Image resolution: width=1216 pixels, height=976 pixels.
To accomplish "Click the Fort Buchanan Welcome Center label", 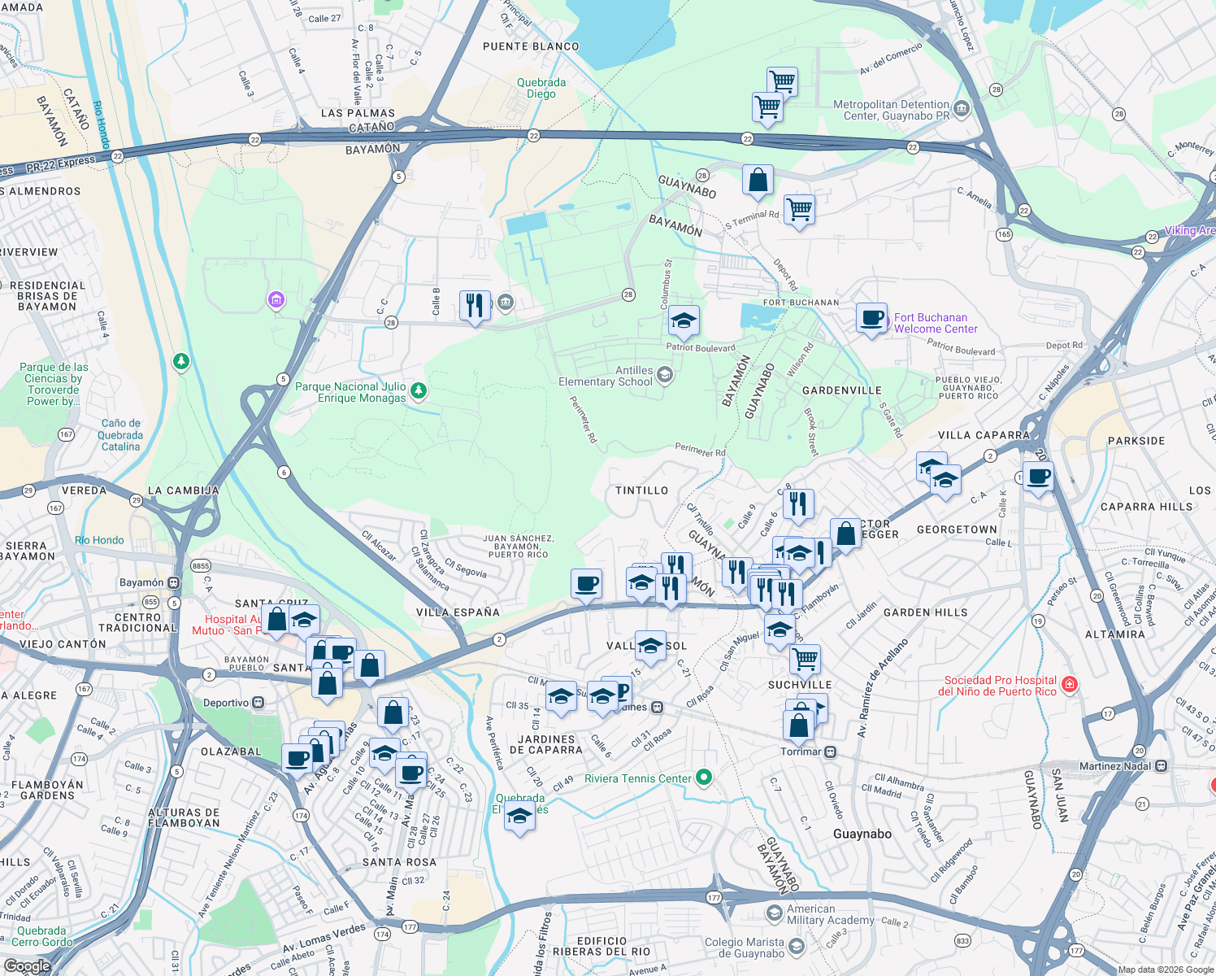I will (x=936, y=324).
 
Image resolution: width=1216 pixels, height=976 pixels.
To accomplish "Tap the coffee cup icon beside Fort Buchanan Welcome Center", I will (x=872, y=319).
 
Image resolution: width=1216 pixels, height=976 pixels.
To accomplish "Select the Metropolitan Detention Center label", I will (x=891, y=110).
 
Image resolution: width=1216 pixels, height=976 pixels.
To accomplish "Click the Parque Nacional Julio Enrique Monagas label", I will (x=350, y=392).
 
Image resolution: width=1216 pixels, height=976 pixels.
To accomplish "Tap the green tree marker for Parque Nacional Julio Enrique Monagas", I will (x=419, y=391).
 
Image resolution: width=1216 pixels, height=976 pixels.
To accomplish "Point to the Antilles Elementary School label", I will (x=606, y=376).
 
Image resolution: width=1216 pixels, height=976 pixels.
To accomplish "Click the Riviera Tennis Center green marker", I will (x=704, y=778).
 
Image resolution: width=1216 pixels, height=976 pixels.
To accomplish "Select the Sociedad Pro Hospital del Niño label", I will (x=1000, y=686).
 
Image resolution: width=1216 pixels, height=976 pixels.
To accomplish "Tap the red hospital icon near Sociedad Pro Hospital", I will (x=1070, y=685).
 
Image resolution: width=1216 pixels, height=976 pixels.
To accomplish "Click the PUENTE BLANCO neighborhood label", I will (x=531, y=46).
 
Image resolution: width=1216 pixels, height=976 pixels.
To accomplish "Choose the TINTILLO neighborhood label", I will (x=641, y=490).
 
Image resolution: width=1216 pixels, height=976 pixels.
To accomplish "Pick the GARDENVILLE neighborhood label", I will (x=841, y=390).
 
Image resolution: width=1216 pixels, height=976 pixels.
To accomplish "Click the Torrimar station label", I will (x=801, y=752).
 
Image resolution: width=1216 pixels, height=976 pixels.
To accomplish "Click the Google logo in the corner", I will (x=27, y=965).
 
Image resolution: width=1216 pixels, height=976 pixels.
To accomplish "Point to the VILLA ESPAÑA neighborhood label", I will (x=458, y=612).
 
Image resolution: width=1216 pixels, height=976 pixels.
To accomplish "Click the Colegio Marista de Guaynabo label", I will (x=745, y=948).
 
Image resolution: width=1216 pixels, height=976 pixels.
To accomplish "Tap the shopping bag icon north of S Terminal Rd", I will (x=758, y=181).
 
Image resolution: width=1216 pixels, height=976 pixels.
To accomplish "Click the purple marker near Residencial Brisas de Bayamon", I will (x=276, y=301).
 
